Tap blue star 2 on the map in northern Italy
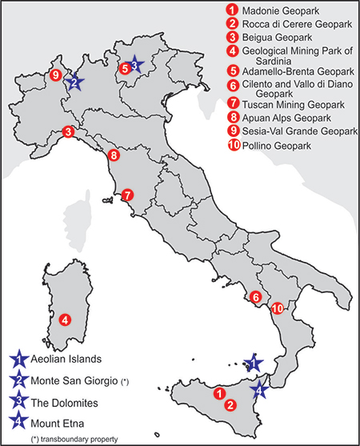tap(74, 81)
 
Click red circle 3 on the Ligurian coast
tap(70, 132)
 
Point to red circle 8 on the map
tap(114, 155)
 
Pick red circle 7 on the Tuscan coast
tap(128, 195)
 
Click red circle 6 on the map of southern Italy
tap(255, 298)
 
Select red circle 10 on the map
tap(277, 308)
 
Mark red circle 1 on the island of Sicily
tap(218, 392)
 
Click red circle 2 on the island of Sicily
tap(230, 404)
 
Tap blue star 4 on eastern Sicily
tap(259, 390)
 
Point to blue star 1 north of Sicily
tap(253, 363)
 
